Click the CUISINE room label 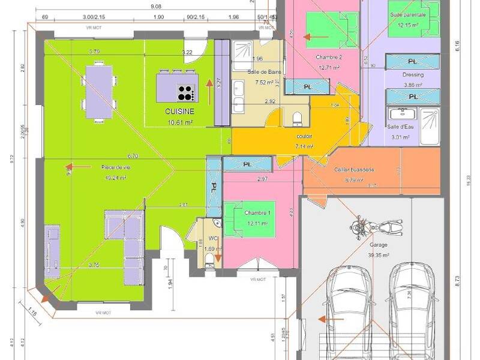pos(179,112)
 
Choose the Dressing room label pos(413,75)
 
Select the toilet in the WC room pos(208,259)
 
